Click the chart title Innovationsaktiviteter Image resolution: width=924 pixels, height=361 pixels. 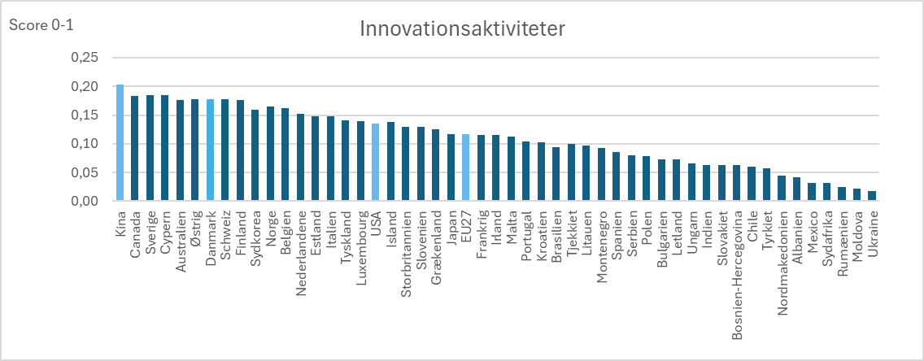[462, 28]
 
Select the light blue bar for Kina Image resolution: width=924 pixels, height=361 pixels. [120, 143]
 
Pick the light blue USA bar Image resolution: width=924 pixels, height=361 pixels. [375, 163]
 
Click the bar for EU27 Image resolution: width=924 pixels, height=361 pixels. [465, 167]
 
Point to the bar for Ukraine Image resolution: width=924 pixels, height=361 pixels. [872, 196]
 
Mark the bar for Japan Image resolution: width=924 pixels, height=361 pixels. [451, 167]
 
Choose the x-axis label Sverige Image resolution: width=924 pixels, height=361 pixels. [150, 233]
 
